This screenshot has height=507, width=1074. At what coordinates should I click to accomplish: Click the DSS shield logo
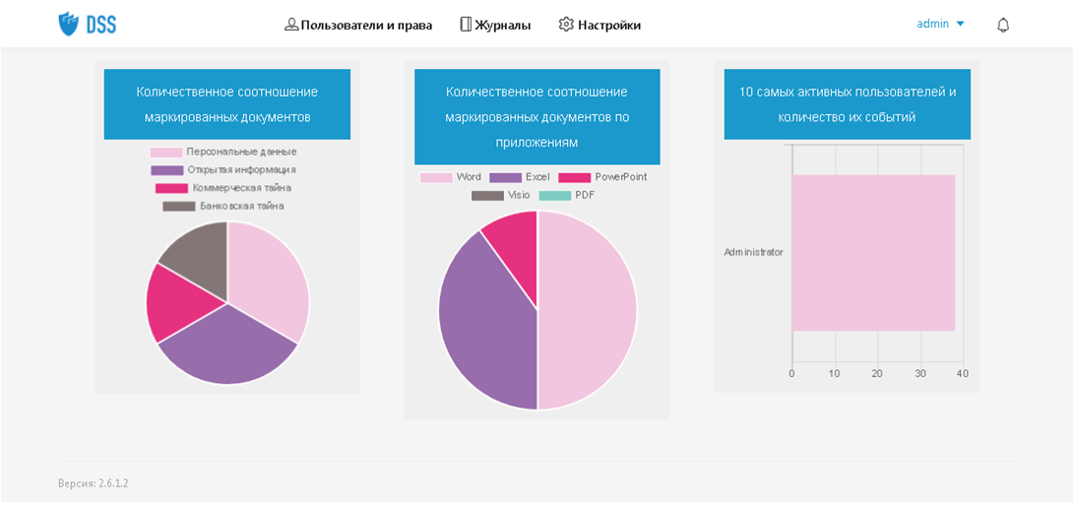69,24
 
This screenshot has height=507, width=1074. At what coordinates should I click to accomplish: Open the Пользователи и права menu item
358,25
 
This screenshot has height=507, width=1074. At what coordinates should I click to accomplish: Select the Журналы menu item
495,25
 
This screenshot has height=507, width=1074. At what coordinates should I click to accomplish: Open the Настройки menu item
600,25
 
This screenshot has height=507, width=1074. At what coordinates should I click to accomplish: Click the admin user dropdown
940,24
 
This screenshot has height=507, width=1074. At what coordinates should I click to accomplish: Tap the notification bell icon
1003,25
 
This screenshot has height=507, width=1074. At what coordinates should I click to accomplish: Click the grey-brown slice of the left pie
196,256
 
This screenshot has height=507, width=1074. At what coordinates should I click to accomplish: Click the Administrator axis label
753,252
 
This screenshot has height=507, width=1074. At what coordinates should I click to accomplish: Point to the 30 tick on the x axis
919,374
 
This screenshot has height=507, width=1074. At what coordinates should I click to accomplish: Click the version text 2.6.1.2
94,483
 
